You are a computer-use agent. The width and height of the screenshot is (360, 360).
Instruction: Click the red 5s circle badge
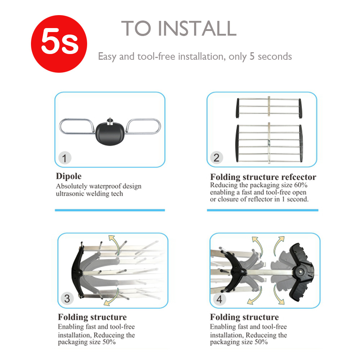tap(59, 44)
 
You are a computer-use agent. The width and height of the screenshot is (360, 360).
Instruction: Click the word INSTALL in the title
tap(197, 28)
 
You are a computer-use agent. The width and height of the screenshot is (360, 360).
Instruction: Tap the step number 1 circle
tap(65, 158)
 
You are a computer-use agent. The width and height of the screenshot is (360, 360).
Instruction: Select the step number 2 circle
tap(216, 158)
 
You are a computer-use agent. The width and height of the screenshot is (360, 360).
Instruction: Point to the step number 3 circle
tap(67, 298)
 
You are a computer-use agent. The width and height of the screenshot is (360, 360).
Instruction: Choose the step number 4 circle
tap(219, 299)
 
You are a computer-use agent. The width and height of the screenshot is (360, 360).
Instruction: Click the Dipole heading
tap(69, 176)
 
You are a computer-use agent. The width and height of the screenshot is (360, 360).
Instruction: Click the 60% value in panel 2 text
tap(301, 185)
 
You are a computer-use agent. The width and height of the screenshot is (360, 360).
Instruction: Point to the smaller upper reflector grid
tap(269, 107)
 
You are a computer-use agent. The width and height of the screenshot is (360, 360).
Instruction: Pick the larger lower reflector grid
tap(269, 143)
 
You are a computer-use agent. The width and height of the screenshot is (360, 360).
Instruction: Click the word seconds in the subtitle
tap(275, 57)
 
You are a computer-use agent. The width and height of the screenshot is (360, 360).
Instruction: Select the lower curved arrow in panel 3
tap(112, 297)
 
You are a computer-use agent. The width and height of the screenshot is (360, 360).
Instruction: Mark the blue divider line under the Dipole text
tap(110, 210)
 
